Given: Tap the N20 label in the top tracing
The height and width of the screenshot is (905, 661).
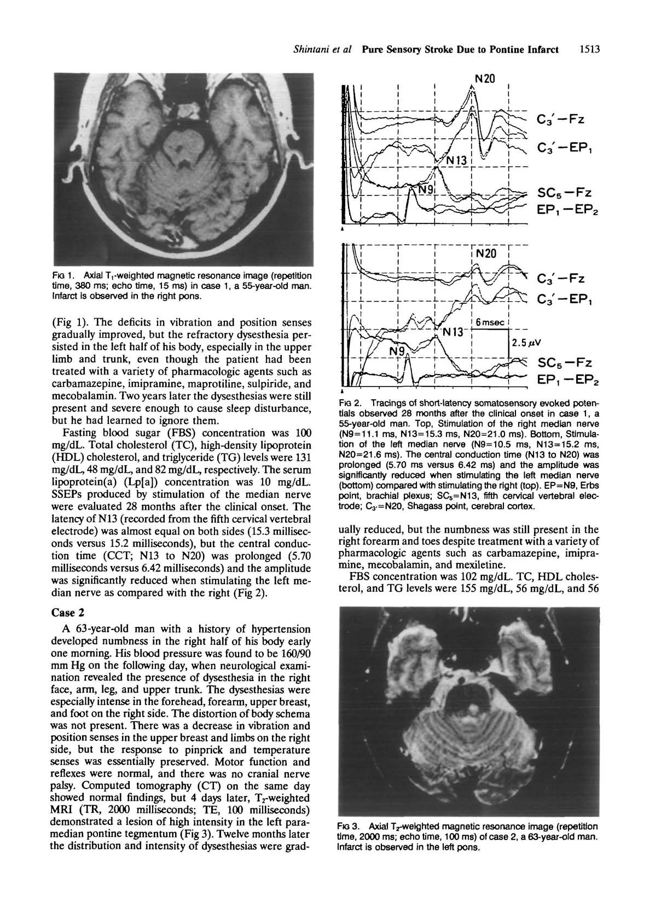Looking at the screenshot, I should (485, 79).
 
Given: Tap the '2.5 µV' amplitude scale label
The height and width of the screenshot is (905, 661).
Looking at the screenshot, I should (525, 343).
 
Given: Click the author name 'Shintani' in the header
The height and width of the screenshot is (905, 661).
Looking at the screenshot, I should (308, 50).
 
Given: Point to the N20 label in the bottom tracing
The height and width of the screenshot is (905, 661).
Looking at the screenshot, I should (486, 253).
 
